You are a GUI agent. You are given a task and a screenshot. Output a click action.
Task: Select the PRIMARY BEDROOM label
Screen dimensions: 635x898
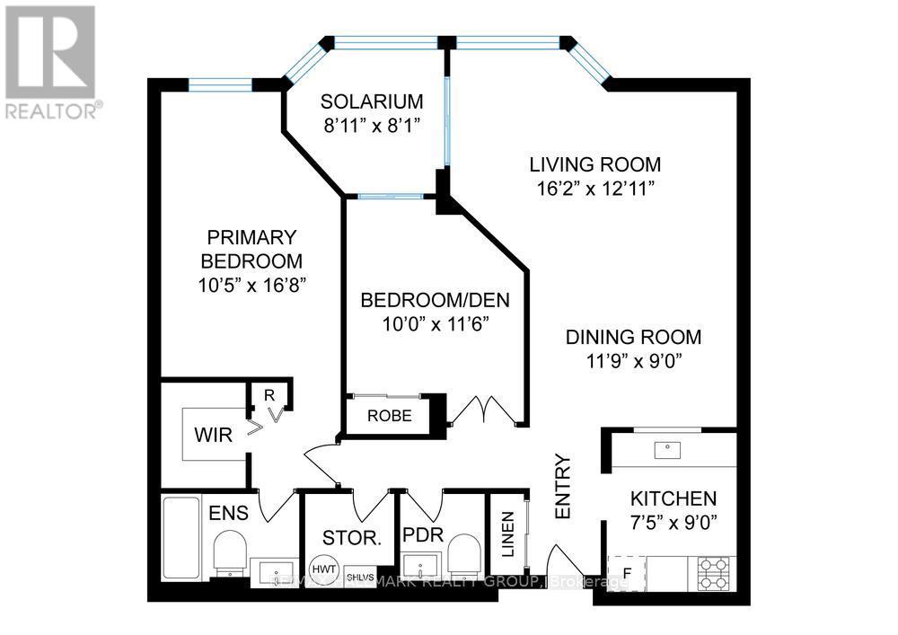tap(251, 250)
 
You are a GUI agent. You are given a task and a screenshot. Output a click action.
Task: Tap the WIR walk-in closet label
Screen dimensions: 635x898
tap(214, 436)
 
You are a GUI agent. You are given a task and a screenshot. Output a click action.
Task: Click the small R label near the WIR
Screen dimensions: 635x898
tap(268, 394)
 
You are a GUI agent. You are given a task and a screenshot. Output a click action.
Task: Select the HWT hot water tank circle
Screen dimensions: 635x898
tap(321, 569)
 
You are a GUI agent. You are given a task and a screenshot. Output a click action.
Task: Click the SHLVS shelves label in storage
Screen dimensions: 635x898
tap(358, 577)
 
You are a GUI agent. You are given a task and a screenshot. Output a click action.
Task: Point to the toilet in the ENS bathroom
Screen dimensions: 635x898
tap(231, 551)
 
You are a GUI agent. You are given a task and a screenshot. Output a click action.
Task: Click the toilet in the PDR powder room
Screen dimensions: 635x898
tap(464, 552)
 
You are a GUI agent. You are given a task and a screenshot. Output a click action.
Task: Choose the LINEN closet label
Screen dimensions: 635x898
tap(507, 535)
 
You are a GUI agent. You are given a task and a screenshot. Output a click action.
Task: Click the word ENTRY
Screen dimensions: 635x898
tap(564, 486)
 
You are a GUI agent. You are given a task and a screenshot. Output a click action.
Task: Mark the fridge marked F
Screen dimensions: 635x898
tap(627, 572)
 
